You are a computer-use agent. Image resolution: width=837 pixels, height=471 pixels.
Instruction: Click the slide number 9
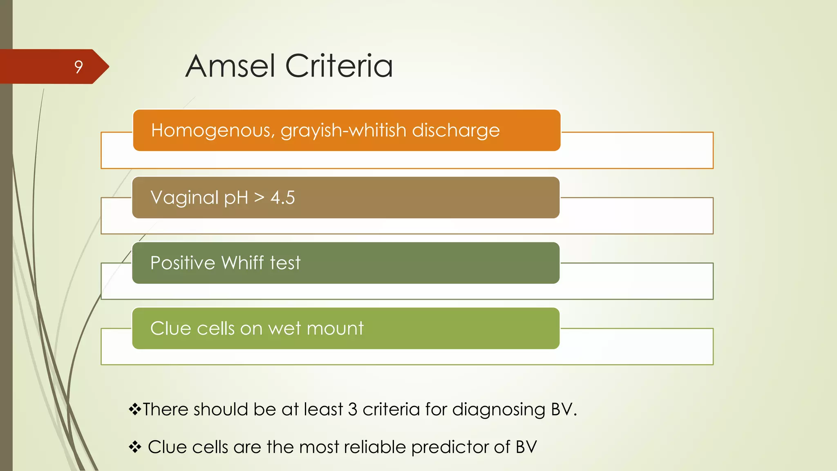(78, 67)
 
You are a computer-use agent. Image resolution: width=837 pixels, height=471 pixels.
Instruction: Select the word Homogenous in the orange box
(213, 130)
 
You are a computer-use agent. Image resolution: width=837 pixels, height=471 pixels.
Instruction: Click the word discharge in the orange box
(455, 130)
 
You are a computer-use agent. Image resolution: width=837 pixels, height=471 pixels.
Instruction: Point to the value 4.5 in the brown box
(282, 198)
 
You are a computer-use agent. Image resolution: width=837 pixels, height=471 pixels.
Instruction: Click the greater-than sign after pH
(259, 198)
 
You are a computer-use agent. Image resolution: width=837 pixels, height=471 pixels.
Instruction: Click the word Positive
(182, 262)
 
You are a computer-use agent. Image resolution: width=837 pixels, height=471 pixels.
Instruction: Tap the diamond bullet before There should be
(134, 409)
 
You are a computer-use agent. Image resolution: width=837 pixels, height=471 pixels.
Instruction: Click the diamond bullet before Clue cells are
(134, 447)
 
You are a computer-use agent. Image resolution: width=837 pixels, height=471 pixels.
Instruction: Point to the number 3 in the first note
(352, 409)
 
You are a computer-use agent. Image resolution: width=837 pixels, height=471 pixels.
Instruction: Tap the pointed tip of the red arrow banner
(108, 67)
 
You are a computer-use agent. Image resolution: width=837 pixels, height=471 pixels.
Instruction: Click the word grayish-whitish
(343, 130)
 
